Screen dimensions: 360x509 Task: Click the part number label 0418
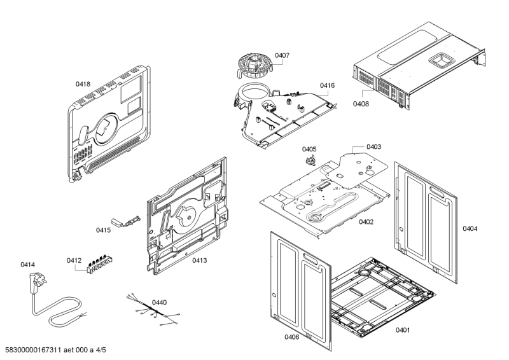[x=83, y=83]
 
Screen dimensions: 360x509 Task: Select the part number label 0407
[x=282, y=55]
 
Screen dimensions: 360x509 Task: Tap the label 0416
[x=327, y=85]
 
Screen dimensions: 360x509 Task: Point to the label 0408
[x=361, y=104]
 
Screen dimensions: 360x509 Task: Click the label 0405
[x=309, y=149]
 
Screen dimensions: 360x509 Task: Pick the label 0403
[x=373, y=146]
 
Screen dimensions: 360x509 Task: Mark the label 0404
[x=470, y=228]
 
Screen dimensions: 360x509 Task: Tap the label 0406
[x=292, y=336]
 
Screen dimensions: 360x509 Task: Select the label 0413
[x=200, y=260]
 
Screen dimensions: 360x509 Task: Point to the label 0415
[x=104, y=230]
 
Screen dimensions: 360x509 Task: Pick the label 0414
[x=27, y=264]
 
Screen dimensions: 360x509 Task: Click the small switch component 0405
[x=312, y=158]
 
